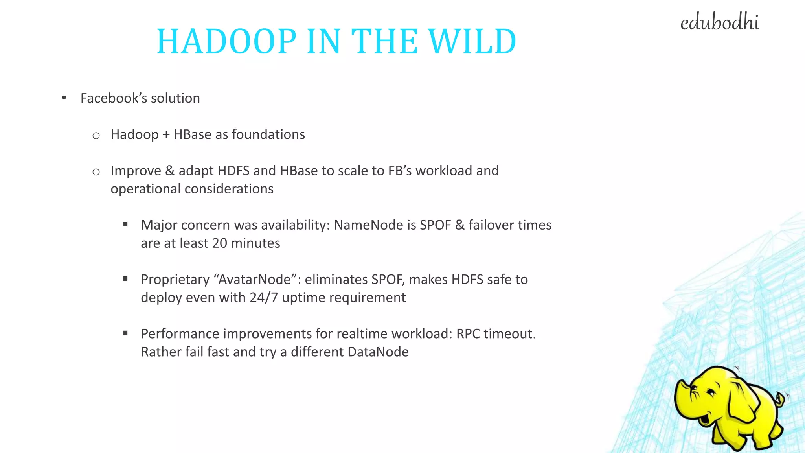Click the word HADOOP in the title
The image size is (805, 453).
(226, 41)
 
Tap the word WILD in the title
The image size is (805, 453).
(472, 41)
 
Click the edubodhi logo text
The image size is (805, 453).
(719, 23)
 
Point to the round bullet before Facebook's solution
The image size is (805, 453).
(64, 98)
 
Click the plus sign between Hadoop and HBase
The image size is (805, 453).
(166, 135)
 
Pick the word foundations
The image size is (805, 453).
(268, 134)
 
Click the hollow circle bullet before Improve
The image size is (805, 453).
(96, 172)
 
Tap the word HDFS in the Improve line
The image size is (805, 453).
(233, 171)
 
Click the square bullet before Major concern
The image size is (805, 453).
(125, 225)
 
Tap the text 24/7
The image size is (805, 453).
(264, 297)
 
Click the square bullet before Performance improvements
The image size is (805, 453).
(125, 333)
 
